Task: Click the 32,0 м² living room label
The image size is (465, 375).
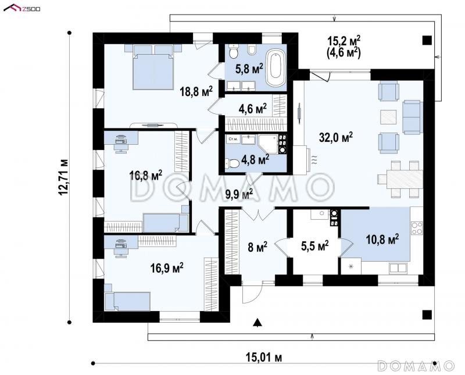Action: point(336,137)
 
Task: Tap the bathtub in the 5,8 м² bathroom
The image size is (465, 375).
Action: point(276,67)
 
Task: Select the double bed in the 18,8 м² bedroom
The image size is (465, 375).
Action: point(153,67)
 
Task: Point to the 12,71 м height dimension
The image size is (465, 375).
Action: point(63,177)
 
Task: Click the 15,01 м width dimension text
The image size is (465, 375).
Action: point(264,358)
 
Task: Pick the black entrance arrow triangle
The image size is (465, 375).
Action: point(257,323)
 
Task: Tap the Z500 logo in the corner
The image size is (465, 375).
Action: point(22,8)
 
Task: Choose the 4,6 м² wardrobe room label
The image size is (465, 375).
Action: point(252,109)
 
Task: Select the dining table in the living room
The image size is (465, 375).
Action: point(405,179)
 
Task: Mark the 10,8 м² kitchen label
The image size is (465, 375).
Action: point(382,239)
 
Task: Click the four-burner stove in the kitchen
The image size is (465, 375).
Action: point(417,228)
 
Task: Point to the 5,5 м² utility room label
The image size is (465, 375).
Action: point(314,246)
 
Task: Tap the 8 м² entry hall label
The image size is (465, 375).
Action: point(257,247)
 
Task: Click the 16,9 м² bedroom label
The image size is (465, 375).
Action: point(167,268)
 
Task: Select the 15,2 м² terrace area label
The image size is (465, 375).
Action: point(344,41)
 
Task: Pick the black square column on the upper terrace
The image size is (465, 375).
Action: point(427,40)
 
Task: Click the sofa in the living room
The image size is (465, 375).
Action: point(412,117)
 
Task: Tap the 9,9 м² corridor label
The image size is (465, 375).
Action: point(239,194)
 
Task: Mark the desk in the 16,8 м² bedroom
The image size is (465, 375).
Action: point(121,138)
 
